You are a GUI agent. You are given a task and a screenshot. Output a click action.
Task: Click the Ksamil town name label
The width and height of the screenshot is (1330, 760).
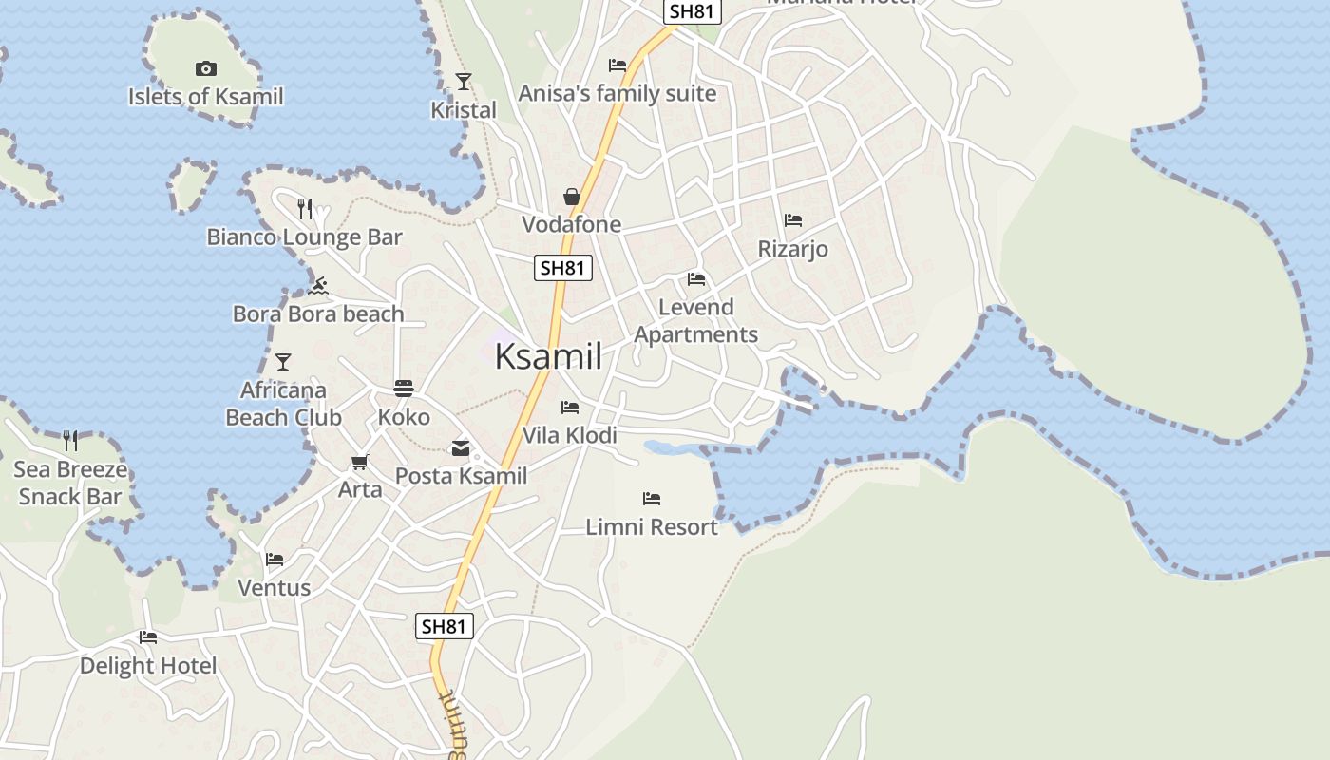click(x=548, y=356)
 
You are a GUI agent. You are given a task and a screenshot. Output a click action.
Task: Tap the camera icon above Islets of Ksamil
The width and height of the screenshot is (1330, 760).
click(x=205, y=68)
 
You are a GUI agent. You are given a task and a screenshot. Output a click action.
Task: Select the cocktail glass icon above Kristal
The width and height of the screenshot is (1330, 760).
click(x=464, y=82)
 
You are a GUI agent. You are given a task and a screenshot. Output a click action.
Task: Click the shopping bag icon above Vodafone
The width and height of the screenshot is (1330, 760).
click(x=572, y=197)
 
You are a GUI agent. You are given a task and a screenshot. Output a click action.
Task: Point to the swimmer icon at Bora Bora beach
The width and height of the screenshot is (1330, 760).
click(x=318, y=286)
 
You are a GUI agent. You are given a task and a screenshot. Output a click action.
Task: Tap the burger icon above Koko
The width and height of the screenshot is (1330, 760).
click(x=404, y=389)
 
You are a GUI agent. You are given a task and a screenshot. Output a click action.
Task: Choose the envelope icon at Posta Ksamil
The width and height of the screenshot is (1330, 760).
click(x=461, y=448)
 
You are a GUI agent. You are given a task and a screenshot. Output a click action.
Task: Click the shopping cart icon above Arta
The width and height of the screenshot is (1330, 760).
click(x=359, y=463)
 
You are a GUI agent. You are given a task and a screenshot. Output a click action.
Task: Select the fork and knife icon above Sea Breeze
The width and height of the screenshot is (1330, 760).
click(x=70, y=440)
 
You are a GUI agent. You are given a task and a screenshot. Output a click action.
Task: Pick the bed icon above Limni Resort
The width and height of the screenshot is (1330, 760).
click(x=651, y=498)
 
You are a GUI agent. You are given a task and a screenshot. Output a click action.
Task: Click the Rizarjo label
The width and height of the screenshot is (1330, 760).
click(x=792, y=249)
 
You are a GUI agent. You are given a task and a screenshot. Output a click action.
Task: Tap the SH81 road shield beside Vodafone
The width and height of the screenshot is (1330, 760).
click(x=562, y=268)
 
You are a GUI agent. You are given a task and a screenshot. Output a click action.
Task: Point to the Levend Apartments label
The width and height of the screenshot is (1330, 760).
click(x=695, y=320)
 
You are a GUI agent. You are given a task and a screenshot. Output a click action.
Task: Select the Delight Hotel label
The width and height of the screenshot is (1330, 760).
click(x=148, y=666)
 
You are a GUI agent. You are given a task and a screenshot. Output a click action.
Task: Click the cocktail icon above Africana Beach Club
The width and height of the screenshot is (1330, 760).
click(x=282, y=362)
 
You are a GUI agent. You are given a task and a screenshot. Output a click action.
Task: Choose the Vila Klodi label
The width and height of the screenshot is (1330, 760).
click(x=570, y=435)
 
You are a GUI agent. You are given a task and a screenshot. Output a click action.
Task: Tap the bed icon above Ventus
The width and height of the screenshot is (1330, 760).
click(x=275, y=559)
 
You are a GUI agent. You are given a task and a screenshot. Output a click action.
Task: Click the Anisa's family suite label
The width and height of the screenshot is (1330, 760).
click(x=617, y=93)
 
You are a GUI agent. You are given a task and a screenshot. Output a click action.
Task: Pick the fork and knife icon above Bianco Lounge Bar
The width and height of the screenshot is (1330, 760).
click(x=305, y=208)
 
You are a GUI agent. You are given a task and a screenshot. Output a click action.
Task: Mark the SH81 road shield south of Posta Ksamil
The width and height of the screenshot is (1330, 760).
click(x=445, y=626)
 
